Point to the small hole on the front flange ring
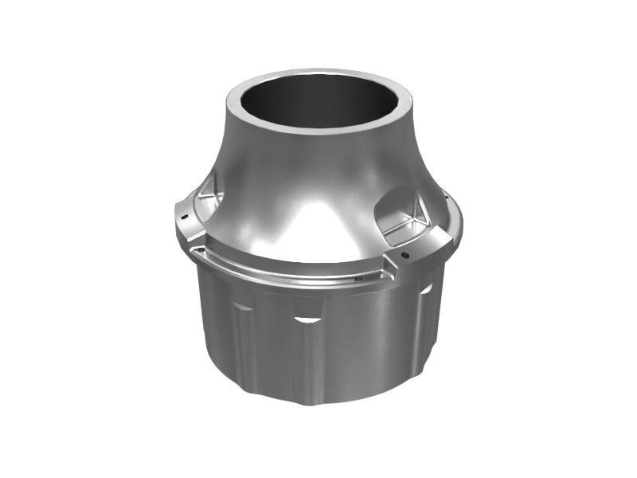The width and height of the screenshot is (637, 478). (358, 279)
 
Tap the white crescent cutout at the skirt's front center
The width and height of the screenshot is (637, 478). (307, 319)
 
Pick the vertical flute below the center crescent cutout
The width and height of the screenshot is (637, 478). (307, 358)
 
